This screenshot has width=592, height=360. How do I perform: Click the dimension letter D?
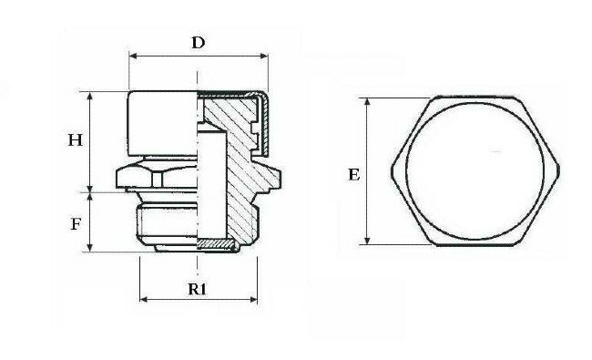click(199, 43)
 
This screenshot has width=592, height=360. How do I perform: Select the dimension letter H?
click(75, 140)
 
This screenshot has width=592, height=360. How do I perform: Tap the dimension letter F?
click(76, 224)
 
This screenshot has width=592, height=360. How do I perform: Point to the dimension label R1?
click(198, 289)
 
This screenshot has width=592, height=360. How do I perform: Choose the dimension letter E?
click(353, 175)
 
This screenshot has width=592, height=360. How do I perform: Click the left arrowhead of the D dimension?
click(133, 57)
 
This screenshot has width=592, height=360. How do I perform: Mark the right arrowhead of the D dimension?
click(264, 57)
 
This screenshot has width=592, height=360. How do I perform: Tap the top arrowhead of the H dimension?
click(90, 97)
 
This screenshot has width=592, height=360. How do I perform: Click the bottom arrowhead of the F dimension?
click(90, 247)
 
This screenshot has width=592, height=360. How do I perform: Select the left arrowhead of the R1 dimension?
click(144, 300)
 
